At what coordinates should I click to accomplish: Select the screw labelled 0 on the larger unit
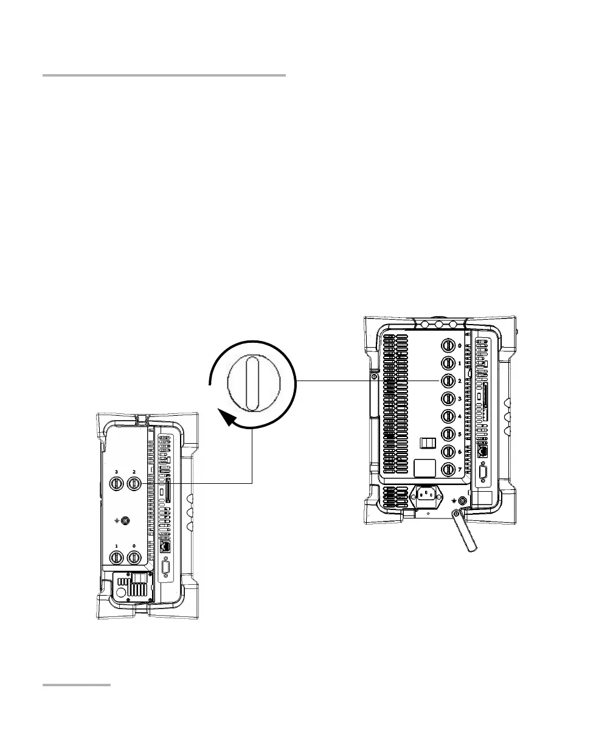448,345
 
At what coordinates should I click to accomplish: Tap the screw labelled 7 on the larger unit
448,470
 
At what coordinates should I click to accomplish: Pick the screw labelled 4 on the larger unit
448,416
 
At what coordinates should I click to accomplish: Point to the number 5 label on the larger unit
460,434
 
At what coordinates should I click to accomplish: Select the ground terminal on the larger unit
463,500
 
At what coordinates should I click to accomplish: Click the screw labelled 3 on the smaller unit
116,484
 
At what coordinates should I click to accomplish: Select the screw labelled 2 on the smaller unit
134,484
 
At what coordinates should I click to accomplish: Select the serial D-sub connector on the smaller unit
165,570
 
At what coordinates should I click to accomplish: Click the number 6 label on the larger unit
460,452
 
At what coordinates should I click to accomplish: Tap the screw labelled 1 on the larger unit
448,363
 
